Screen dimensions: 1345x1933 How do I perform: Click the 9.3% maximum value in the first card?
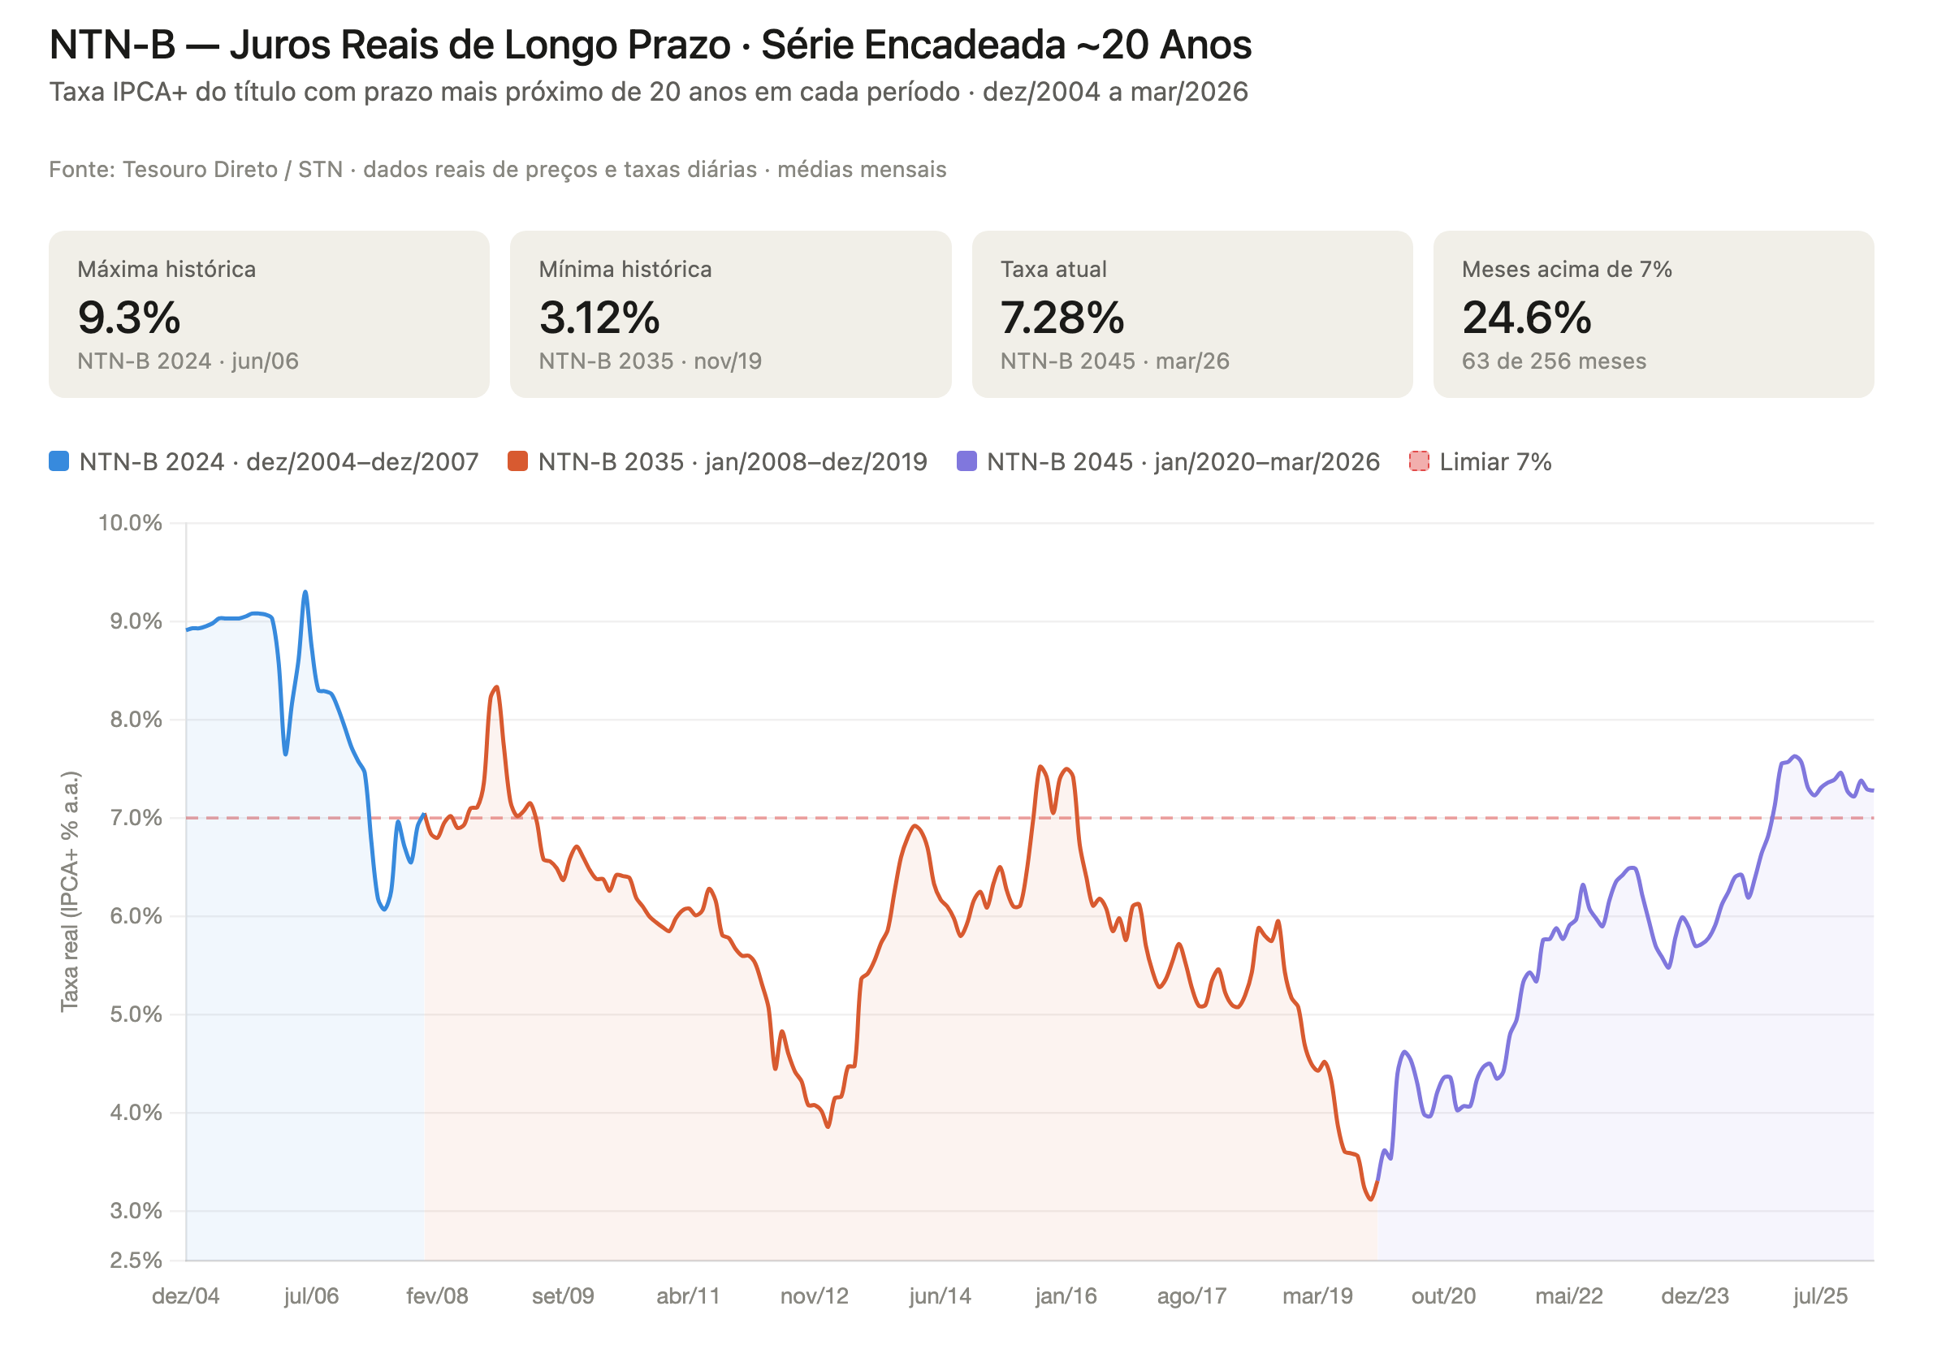[x=129, y=318]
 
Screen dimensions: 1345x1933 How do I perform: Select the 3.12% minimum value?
[x=599, y=318]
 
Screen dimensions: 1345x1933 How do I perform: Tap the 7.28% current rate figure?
[x=1062, y=318]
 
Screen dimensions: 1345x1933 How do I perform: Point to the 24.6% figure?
[x=1525, y=318]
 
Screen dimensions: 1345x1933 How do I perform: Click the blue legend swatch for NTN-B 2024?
[x=59, y=461]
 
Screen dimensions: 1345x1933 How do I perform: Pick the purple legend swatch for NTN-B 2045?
[x=966, y=461]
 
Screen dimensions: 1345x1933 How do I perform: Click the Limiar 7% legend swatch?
[x=1419, y=461]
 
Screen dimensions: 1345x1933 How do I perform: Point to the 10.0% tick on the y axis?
[x=131, y=523]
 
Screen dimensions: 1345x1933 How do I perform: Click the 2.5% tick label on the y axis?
[x=136, y=1260]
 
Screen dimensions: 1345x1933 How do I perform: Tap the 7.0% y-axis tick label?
[x=136, y=817]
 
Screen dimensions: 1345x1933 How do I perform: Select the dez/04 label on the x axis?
[x=185, y=1295]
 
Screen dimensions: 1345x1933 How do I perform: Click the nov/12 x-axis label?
[x=814, y=1295]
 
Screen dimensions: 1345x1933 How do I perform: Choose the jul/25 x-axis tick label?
[x=1820, y=1295]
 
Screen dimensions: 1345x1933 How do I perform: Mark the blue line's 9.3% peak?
[x=305, y=593]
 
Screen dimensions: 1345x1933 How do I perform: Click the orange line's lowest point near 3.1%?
[x=1371, y=1200]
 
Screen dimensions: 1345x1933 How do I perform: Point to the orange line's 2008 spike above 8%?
[x=497, y=688]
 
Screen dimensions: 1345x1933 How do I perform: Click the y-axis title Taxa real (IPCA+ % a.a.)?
[x=70, y=891]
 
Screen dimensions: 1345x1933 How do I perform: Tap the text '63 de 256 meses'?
[x=1553, y=361]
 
